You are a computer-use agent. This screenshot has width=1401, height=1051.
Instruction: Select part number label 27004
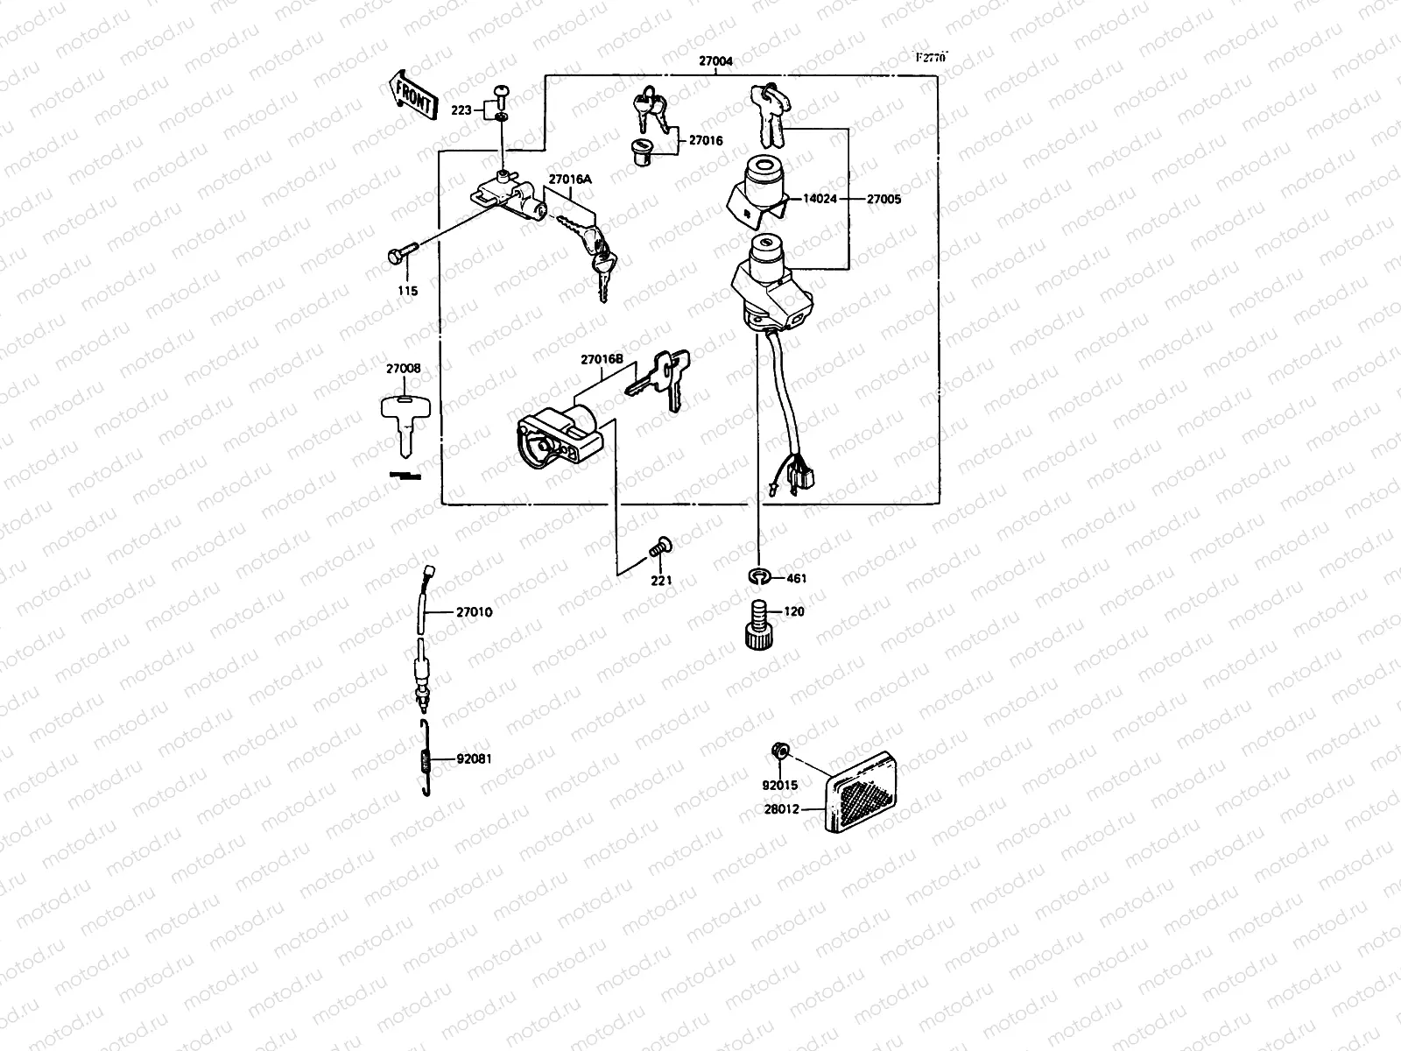click(715, 62)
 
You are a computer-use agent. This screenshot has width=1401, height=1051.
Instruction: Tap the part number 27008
click(403, 369)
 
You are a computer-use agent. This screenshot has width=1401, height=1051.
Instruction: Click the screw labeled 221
click(659, 548)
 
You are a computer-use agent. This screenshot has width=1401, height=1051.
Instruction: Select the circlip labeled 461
click(759, 576)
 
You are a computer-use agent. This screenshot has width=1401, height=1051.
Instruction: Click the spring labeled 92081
click(425, 760)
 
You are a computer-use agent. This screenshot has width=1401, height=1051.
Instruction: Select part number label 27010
click(474, 612)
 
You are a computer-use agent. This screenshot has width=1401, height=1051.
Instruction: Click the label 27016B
click(602, 360)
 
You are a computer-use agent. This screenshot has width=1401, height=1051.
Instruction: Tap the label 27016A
click(570, 179)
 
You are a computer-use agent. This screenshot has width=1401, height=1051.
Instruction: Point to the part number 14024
click(820, 199)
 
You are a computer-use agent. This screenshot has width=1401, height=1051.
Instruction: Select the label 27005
click(884, 199)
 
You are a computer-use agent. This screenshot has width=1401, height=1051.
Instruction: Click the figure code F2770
click(931, 58)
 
